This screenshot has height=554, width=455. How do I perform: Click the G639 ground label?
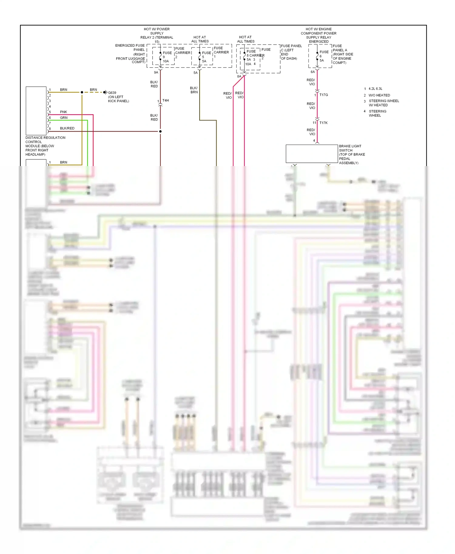pos(112,93)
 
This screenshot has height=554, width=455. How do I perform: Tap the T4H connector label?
pos(166,100)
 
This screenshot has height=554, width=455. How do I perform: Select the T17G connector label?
pos(324,95)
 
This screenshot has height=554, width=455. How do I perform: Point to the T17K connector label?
pos(324,123)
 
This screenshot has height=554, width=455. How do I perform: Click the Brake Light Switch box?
pos(312,154)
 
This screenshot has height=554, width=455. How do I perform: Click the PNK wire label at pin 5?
pos(63,112)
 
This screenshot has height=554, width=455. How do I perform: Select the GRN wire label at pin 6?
pos(64,118)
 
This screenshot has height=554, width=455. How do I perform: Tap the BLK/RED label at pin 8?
pos(67,128)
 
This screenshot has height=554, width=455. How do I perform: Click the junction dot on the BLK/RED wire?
pos(160,131)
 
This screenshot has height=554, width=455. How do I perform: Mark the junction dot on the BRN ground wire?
pos(82,92)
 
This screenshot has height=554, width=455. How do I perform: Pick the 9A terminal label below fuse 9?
pos(156,72)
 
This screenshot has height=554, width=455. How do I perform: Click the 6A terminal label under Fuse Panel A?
pos(313,72)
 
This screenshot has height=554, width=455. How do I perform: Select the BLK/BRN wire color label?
pos(194,90)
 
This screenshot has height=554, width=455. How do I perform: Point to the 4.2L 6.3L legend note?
pos(375,89)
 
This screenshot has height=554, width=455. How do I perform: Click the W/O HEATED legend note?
pos(379,95)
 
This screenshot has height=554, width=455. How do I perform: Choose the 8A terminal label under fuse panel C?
pos(239,76)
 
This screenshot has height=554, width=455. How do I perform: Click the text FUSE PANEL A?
pos(340,48)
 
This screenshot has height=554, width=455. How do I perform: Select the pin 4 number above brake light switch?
pos(314,140)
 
